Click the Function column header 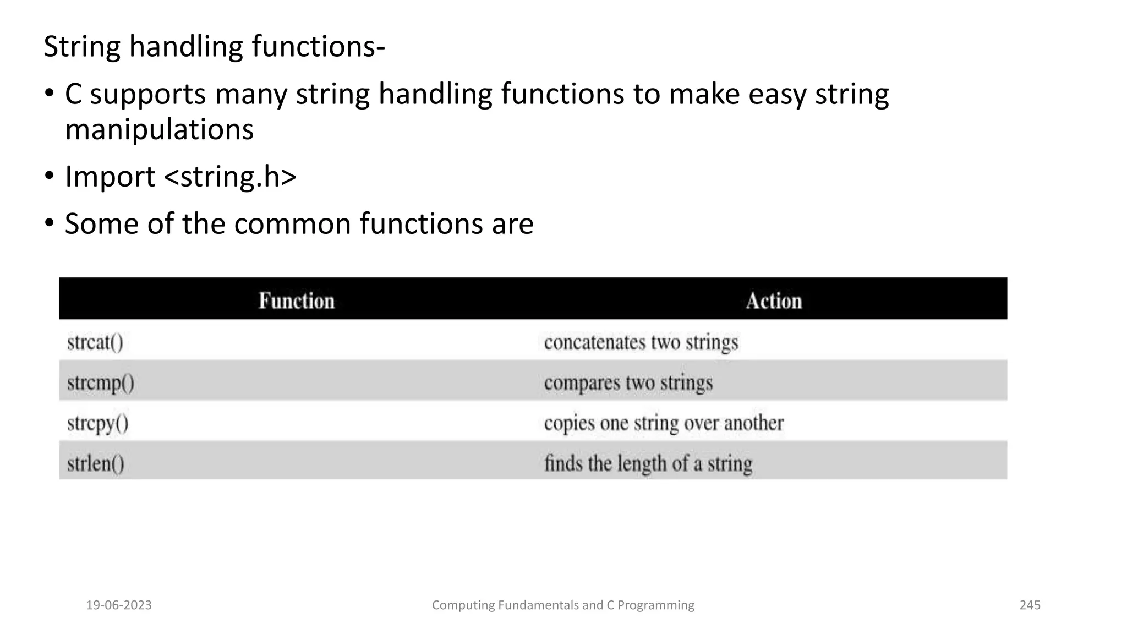(297, 300)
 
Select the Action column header (774, 300)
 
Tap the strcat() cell (95, 342)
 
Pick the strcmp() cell (101, 382)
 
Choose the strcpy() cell (98, 423)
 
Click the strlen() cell (96, 463)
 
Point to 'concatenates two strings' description (641, 342)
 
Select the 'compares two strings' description (628, 382)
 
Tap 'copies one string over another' (664, 423)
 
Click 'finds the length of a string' (648, 463)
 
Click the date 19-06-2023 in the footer (119, 605)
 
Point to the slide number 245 (1030, 605)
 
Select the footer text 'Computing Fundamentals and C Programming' (563, 605)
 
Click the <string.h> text (231, 177)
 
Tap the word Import (110, 177)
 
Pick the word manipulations (160, 130)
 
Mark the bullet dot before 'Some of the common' (50, 223)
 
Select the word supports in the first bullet (147, 95)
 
